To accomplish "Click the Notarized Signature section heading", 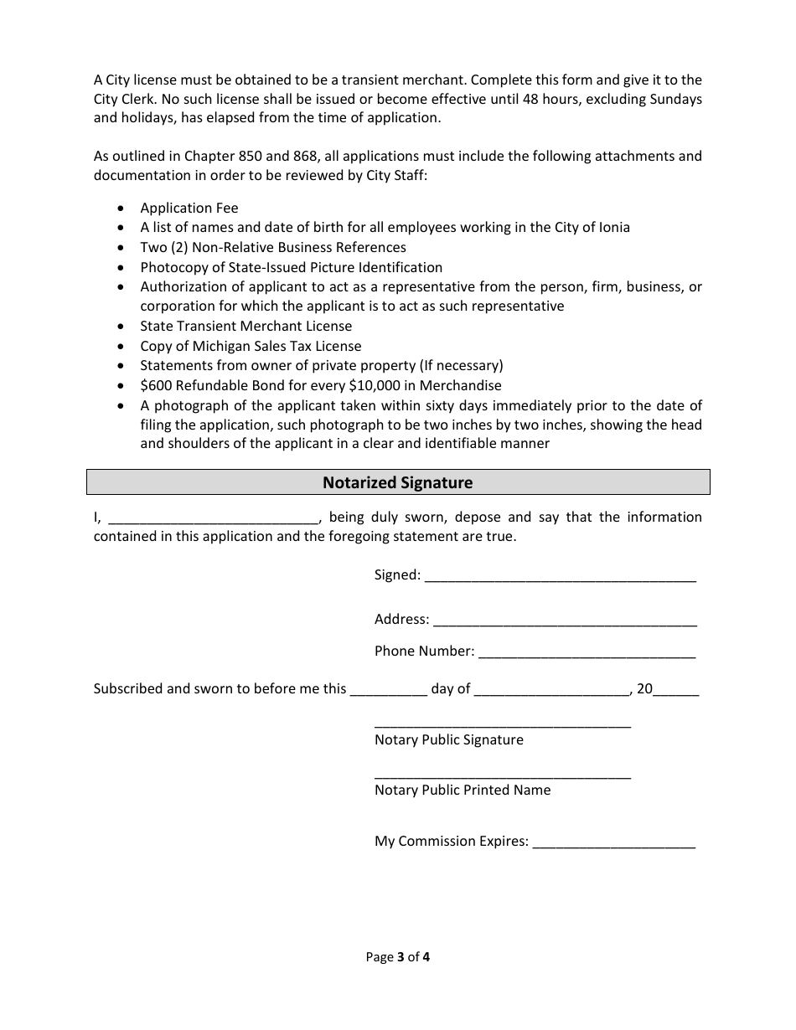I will [398, 483].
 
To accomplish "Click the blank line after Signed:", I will [561, 577].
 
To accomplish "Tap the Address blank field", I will [565, 621].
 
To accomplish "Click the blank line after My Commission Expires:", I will [613, 843].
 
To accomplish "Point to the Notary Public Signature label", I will [448, 740].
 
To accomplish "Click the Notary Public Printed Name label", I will [463, 791].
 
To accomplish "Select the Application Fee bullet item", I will [189, 209].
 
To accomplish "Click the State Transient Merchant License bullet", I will [246, 327].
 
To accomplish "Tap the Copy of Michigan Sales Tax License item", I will [251, 347].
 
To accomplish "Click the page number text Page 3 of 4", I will [398, 957].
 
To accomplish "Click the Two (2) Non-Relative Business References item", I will [273, 248].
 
